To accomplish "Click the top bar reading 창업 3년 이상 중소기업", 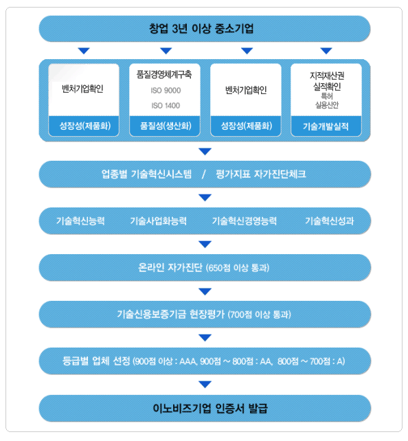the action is [205, 29].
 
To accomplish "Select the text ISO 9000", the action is [166, 90].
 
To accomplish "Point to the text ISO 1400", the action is [166, 106].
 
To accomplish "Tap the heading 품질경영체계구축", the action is [164, 74].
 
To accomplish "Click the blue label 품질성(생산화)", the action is [165, 126].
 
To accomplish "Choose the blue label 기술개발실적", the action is [326, 126].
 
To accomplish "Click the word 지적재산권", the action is [327, 76].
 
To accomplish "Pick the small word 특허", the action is [327, 96].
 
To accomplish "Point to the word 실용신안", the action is [327, 105].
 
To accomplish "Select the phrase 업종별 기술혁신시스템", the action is [146, 174].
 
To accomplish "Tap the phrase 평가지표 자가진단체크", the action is [261, 174].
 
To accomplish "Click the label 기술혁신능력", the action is [80, 220].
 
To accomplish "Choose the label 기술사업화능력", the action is [158, 220].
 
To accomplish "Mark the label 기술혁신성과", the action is [329, 220].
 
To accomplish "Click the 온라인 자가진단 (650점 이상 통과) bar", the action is [205, 267].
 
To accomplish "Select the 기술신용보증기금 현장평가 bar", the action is [205, 314].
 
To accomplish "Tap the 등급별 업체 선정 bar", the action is [205, 361].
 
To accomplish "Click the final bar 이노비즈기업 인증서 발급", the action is [205, 408].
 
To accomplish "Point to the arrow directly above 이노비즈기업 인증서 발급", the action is [205, 384].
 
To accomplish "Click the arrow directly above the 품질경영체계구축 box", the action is [166, 51].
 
